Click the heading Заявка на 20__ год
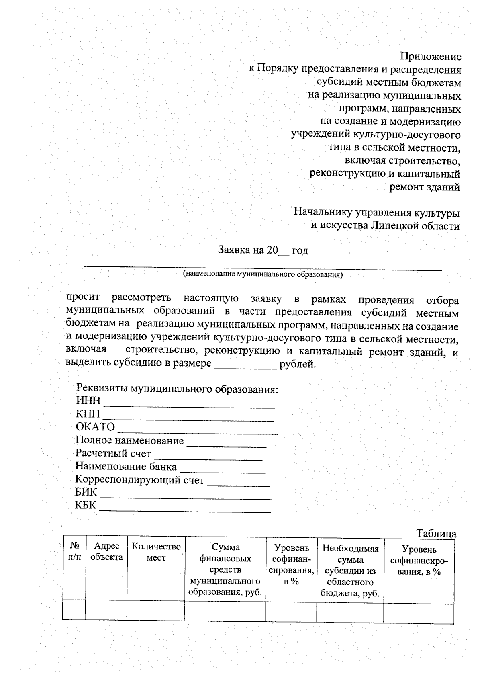(x=263, y=250)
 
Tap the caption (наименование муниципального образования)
(x=263, y=275)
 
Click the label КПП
(x=88, y=414)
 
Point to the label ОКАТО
(x=95, y=427)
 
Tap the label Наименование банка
(x=126, y=467)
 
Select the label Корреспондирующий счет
(x=140, y=480)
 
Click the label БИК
(x=86, y=492)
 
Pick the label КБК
(x=86, y=505)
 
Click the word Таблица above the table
(x=436, y=534)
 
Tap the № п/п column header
(x=74, y=552)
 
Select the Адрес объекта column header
(x=106, y=552)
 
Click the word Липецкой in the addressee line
(x=393, y=226)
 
